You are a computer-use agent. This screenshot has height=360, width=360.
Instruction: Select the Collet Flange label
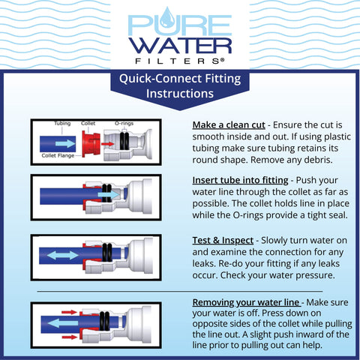point(57,156)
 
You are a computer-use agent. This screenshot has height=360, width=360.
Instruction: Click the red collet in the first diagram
point(92,142)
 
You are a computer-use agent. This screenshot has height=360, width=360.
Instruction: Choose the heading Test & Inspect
point(218,238)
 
